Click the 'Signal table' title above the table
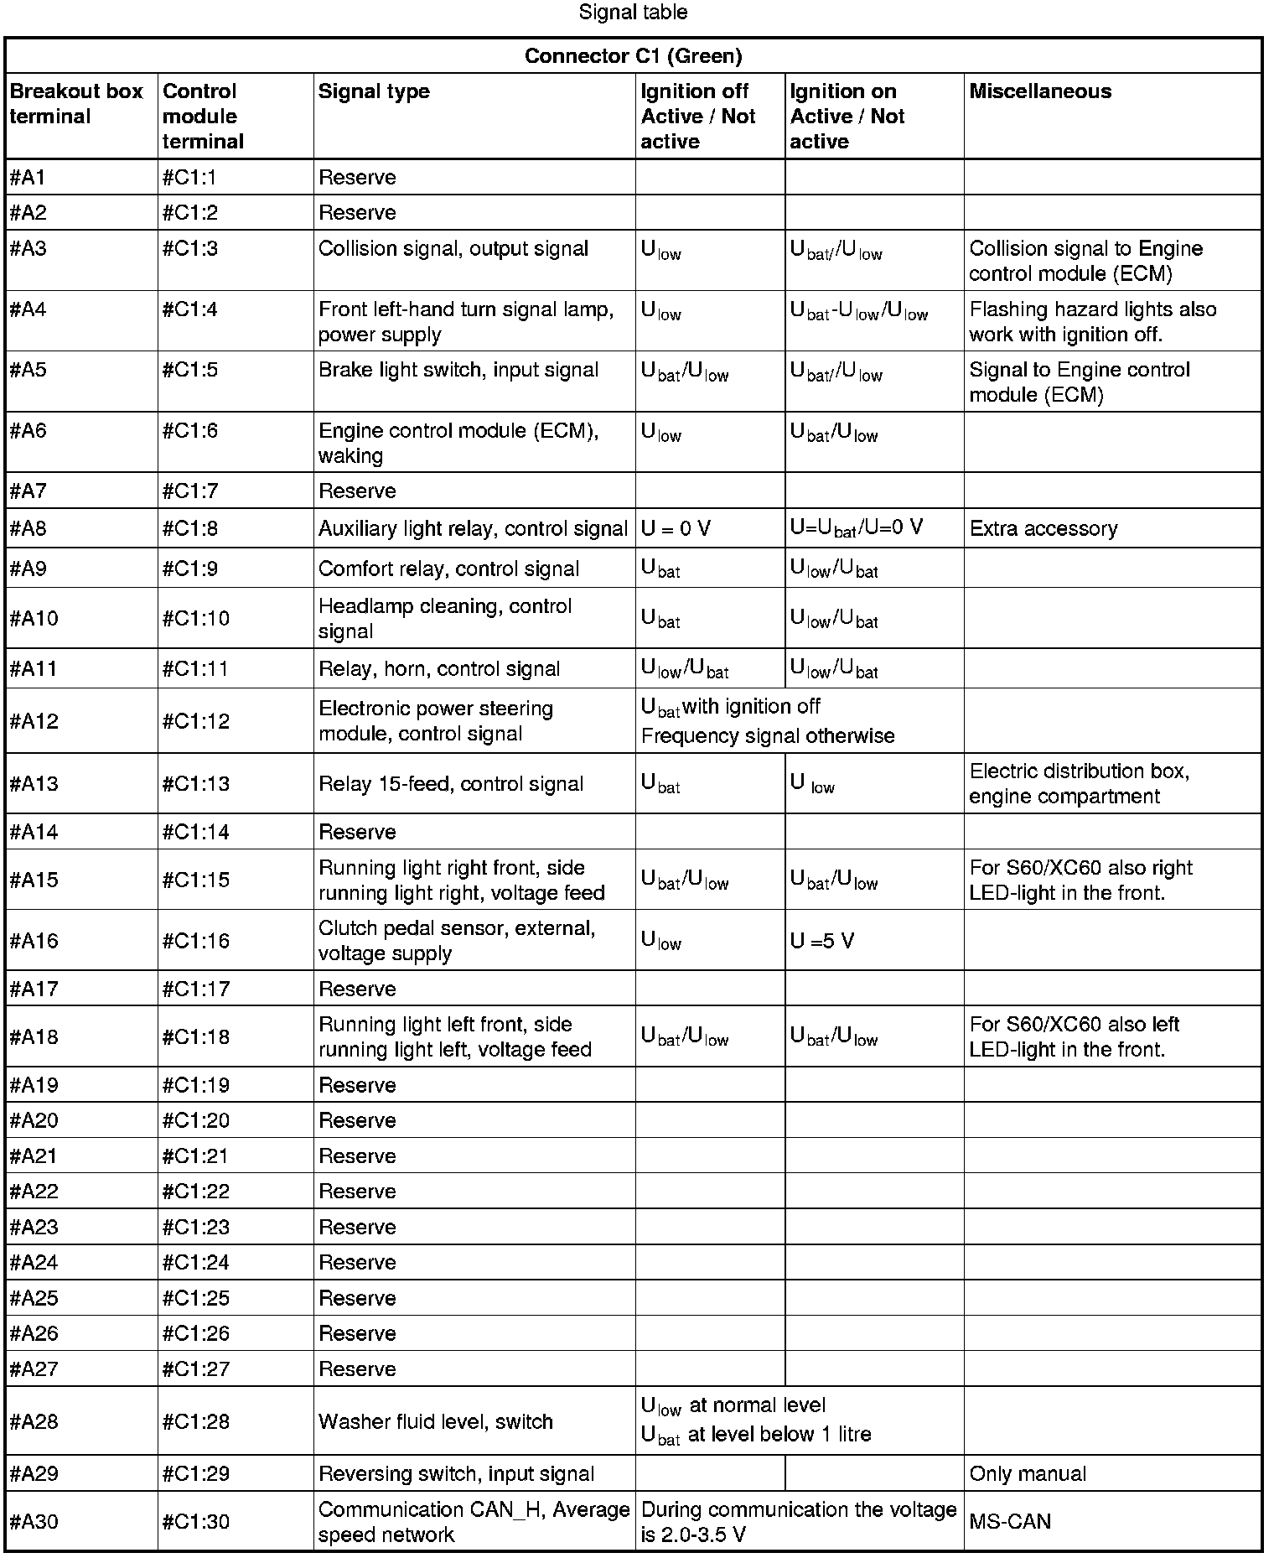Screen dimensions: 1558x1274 pos(633,13)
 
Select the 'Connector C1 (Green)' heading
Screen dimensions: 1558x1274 pos(633,56)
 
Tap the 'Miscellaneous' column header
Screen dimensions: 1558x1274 pos(1040,91)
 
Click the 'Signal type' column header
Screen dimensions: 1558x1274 pos(374,91)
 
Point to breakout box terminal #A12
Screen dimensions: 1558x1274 pos(34,721)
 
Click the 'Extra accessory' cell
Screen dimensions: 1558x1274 pos(1044,529)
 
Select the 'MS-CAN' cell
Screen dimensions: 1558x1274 pos(1010,1522)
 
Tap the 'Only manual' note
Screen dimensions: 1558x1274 pos(1028,1474)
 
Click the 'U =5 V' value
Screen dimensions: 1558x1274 pos(822,941)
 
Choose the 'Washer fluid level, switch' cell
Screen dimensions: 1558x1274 pos(436,1422)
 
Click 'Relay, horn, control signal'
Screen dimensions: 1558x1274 pos(439,669)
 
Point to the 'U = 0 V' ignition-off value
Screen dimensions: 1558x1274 pos(676,529)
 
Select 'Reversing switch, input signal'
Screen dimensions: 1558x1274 pos(456,1474)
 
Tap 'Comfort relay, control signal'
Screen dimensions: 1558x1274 pos(448,569)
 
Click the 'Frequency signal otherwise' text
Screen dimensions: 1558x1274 pos(768,736)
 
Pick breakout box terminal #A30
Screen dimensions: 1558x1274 pos(34,1522)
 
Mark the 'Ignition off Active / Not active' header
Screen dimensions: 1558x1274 pos(698,116)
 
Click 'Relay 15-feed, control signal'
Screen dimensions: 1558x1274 pos(451,784)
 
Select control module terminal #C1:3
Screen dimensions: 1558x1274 pos(189,249)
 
